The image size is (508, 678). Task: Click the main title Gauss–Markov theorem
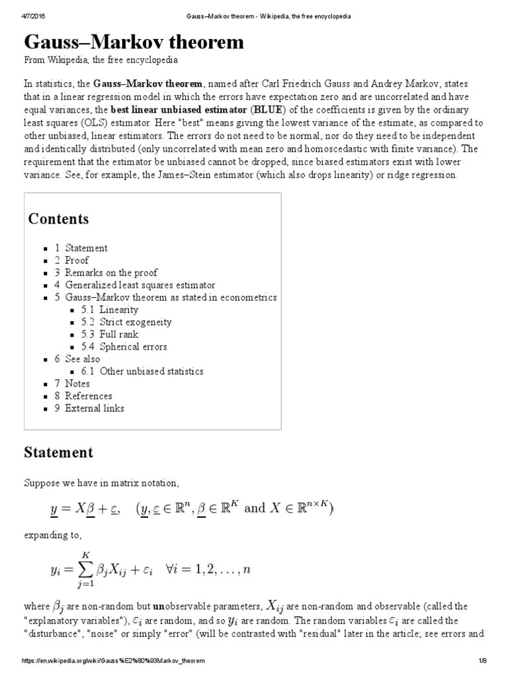[134, 42]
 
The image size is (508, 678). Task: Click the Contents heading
[58, 219]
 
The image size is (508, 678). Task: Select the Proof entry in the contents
[76, 260]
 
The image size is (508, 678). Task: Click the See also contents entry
[82, 359]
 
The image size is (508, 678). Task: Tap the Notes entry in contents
[77, 383]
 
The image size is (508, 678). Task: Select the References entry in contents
[88, 396]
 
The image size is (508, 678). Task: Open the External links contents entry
[94, 409]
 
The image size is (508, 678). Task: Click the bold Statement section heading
[58, 453]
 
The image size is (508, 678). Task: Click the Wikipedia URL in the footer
[114, 661]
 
